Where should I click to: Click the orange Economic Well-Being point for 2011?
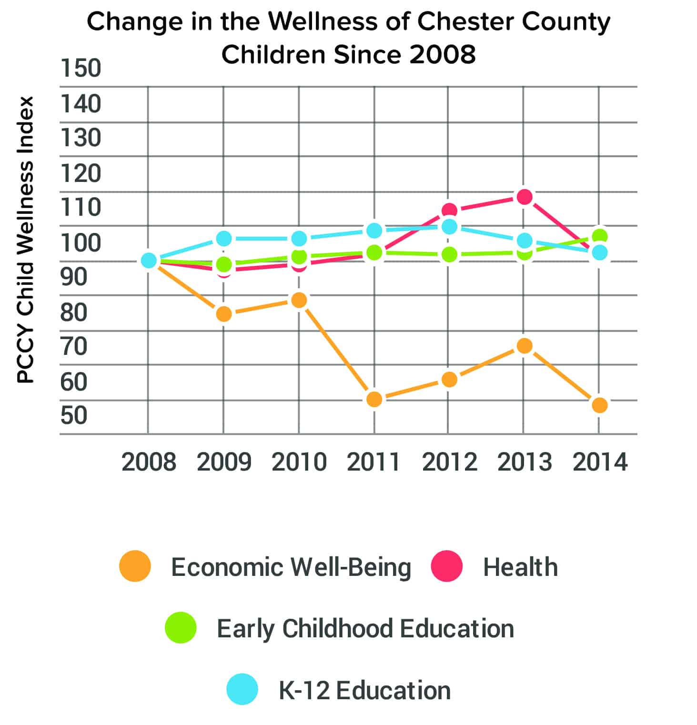click(x=374, y=399)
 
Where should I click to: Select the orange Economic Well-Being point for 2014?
click(x=599, y=405)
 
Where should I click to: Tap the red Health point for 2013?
click(x=524, y=197)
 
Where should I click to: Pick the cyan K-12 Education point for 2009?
click(x=223, y=238)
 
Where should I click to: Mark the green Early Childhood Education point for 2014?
click(x=599, y=236)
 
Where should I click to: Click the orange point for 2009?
click(x=223, y=314)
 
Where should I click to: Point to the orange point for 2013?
click(x=524, y=346)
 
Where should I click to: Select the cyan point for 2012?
click(x=449, y=227)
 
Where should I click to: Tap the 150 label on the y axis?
click(x=81, y=68)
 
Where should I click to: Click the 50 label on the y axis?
click(x=74, y=415)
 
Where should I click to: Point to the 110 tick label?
click(x=81, y=207)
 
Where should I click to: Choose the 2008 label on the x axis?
click(x=149, y=462)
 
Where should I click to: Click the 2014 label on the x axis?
click(x=600, y=462)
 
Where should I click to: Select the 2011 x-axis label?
click(x=374, y=462)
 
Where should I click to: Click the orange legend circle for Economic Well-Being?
click(x=135, y=566)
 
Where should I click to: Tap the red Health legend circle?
click(x=446, y=566)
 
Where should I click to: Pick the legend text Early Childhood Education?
click(x=365, y=628)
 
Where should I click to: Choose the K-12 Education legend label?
click(x=364, y=690)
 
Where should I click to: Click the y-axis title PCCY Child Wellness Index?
click(x=26, y=240)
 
